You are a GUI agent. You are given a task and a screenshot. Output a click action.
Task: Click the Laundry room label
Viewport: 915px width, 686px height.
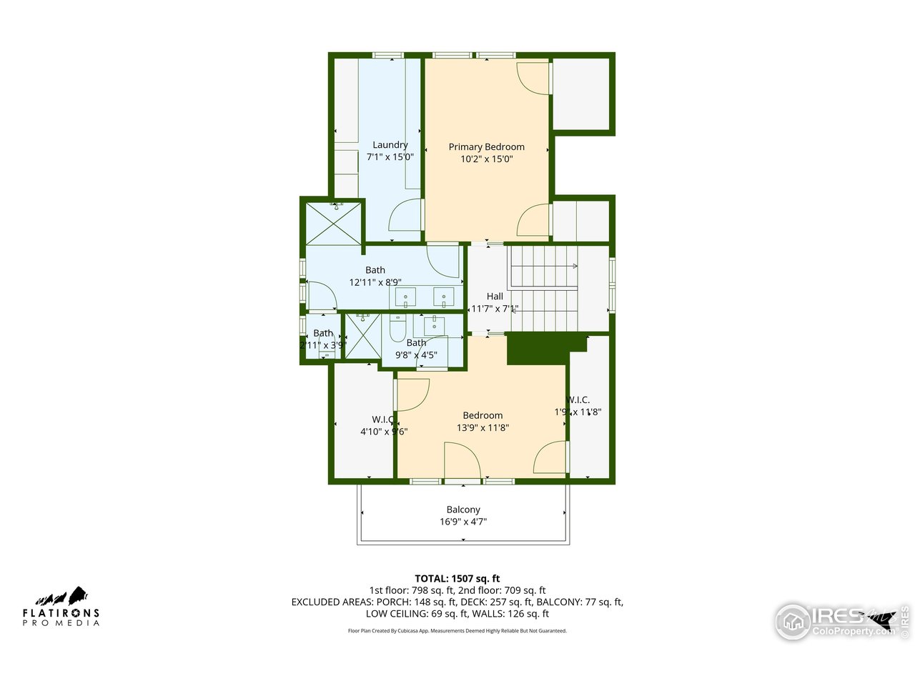click(390, 145)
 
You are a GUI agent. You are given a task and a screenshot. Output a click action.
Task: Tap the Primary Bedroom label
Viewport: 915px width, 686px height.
click(486, 147)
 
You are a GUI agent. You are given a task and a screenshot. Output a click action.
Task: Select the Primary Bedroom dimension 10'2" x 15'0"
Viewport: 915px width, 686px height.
click(486, 159)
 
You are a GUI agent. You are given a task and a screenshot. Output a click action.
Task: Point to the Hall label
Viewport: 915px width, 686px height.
click(495, 297)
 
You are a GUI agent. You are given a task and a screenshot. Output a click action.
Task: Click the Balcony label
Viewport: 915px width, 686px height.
click(463, 509)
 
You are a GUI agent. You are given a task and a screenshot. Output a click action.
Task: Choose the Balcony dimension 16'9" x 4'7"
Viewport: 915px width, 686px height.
click(463, 522)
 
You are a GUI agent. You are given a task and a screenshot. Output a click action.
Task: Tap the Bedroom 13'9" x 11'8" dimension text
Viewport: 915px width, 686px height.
click(483, 427)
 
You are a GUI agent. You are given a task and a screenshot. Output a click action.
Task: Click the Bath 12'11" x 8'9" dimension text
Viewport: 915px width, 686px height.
click(375, 282)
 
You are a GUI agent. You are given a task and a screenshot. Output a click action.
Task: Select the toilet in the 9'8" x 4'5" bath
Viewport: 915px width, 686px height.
click(398, 329)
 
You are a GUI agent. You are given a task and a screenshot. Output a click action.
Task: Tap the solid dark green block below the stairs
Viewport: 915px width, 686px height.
click(536, 350)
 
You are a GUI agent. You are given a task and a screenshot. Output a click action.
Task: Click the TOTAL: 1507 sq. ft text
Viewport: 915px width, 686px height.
click(457, 579)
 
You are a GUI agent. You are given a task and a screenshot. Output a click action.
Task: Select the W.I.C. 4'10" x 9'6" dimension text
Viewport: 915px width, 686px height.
click(383, 432)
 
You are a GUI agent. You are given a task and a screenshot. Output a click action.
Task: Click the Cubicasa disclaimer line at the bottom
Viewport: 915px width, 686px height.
click(457, 631)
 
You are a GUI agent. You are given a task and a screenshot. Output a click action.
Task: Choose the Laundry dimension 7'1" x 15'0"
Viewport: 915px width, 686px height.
click(390, 157)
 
